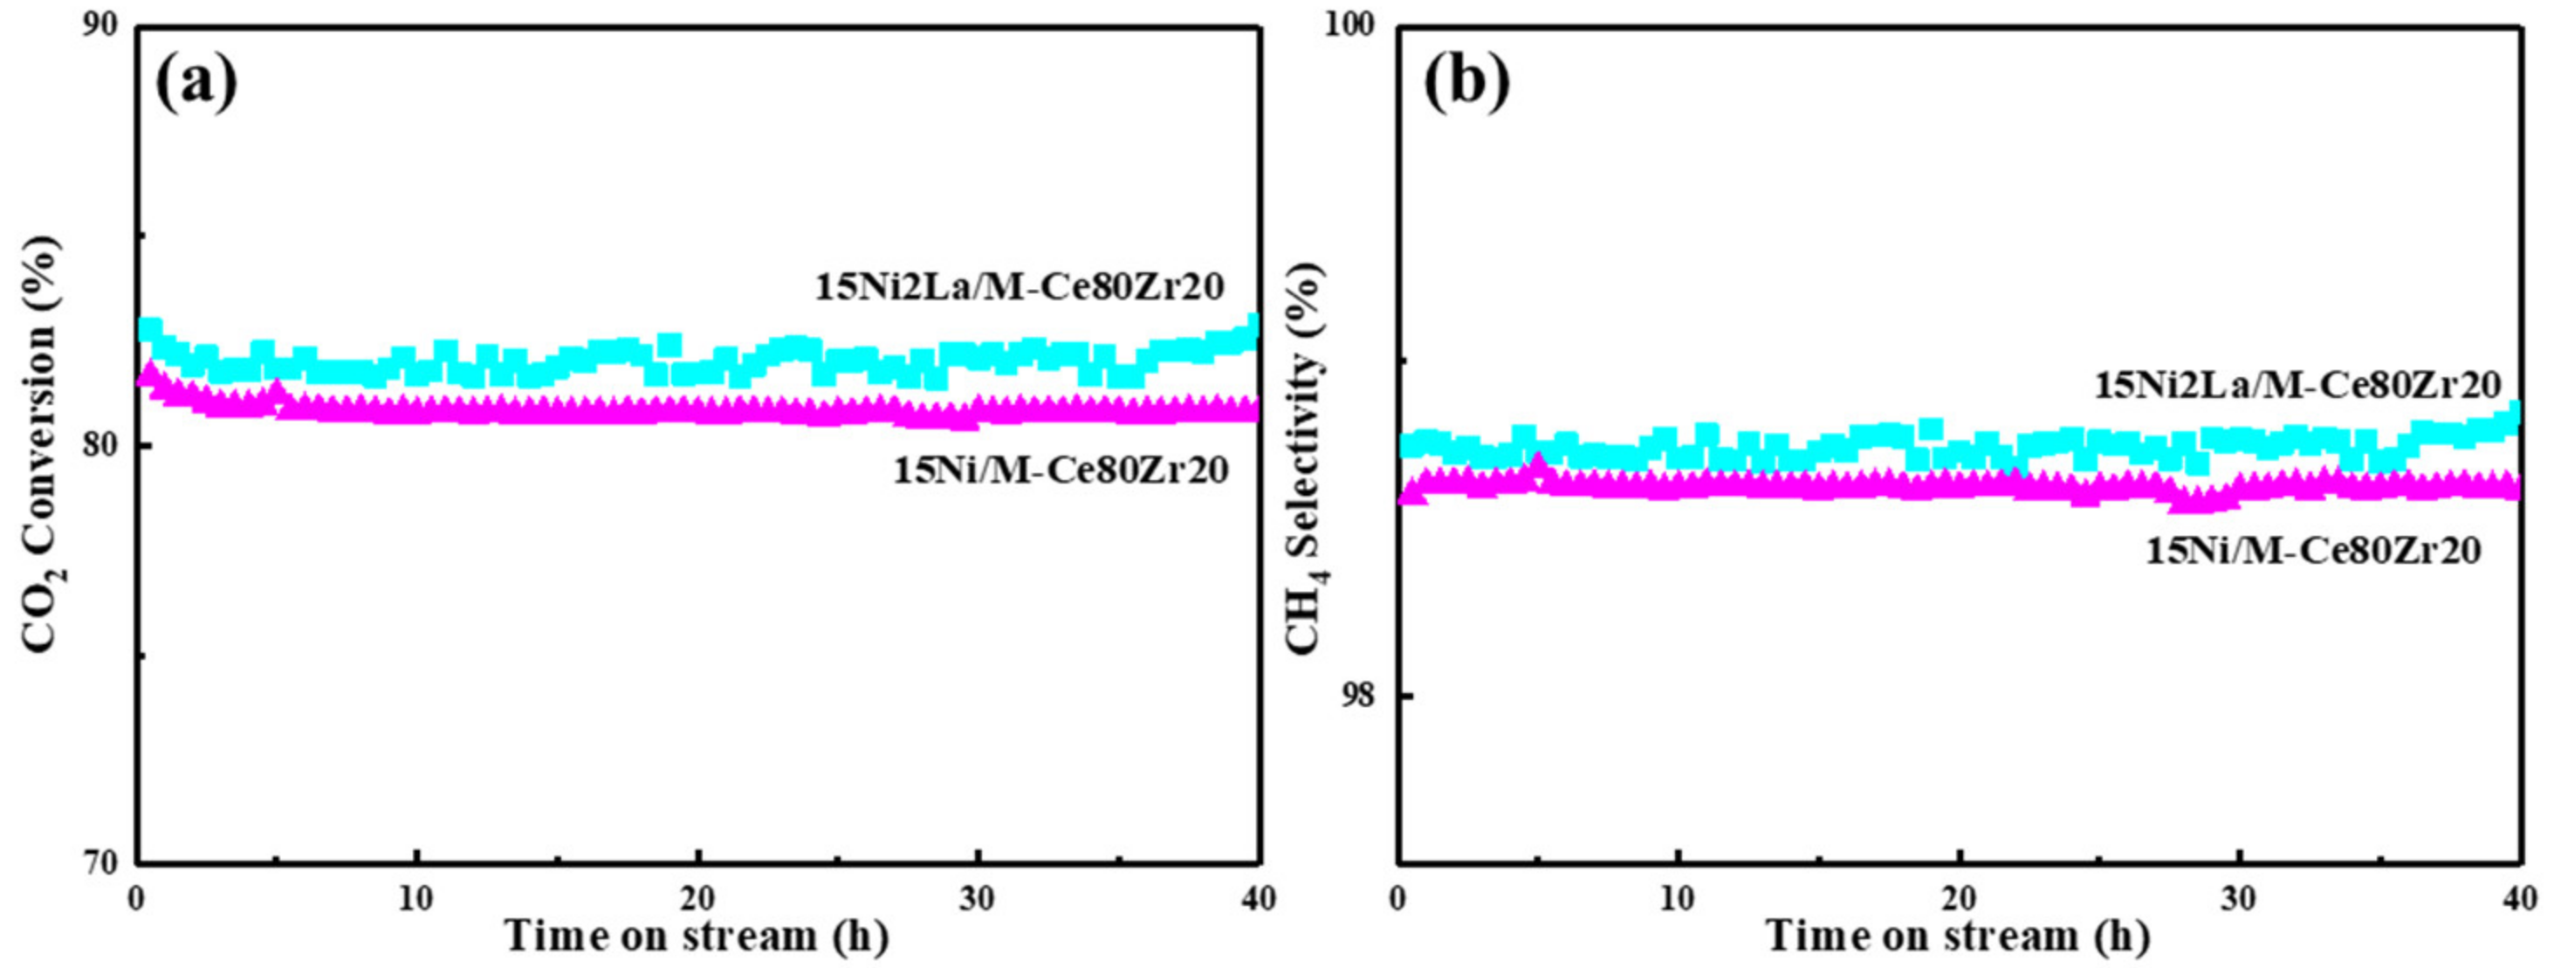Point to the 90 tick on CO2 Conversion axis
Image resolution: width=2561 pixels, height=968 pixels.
[x=107, y=27]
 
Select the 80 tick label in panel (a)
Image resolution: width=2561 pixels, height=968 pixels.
[x=107, y=446]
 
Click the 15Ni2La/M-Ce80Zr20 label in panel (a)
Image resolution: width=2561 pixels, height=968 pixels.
[x=1019, y=288]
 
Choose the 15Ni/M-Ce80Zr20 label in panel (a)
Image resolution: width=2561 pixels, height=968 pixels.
[x=1061, y=470]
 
